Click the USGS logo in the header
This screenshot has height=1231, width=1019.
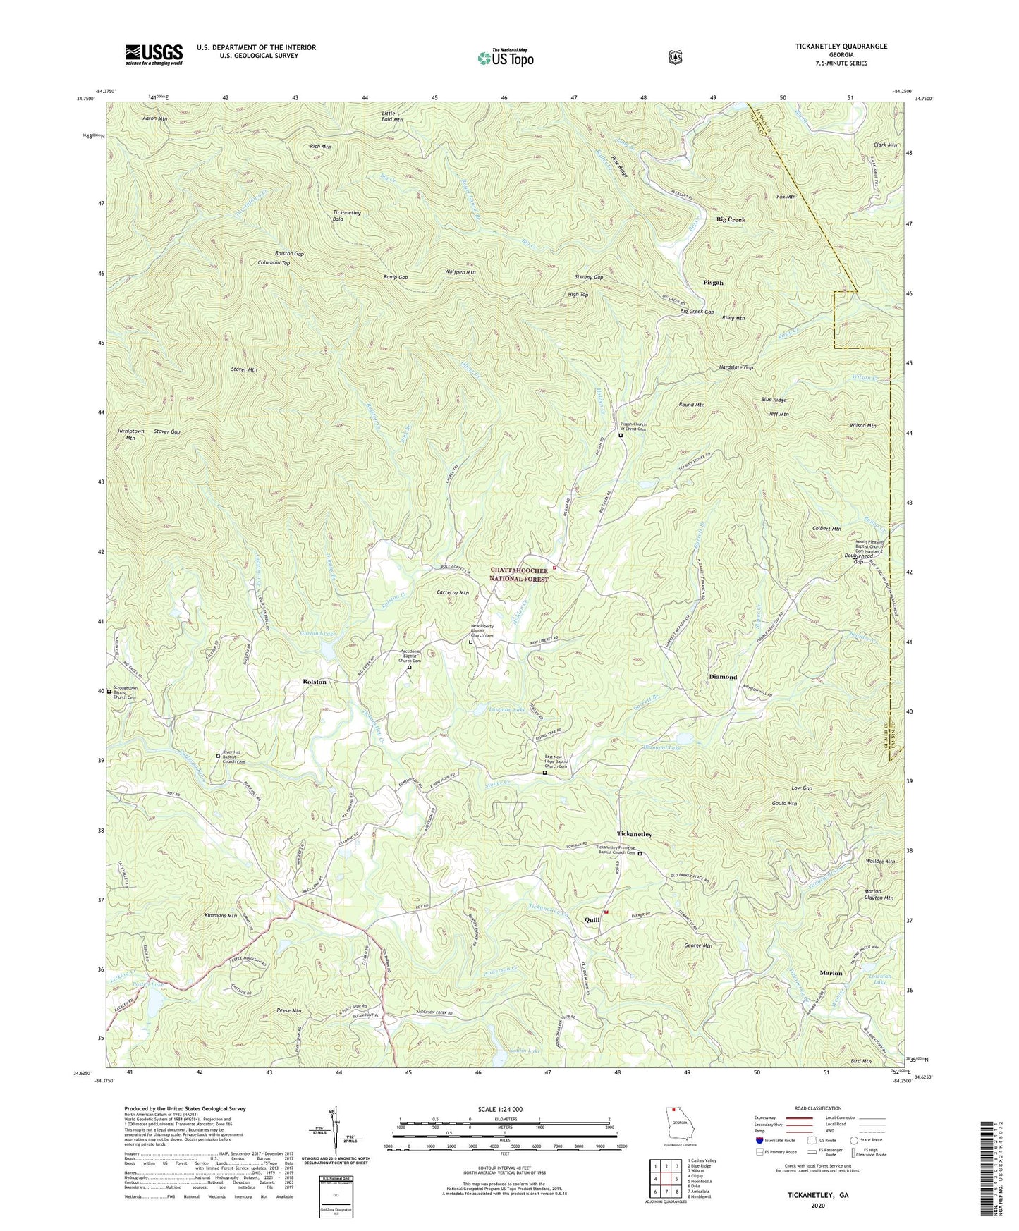point(154,54)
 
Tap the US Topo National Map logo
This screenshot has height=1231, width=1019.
point(505,57)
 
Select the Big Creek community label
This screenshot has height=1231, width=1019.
point(731,220)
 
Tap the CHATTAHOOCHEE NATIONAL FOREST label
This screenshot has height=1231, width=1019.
point(519,575)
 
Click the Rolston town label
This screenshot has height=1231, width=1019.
point(315,682)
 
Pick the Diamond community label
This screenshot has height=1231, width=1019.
point(722,677)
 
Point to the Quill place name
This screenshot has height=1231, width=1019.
point(592,920)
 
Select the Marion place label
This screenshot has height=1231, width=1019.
point(831,973)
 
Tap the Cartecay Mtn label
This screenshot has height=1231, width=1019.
point(453,593)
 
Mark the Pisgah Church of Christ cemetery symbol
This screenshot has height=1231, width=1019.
point(621,436)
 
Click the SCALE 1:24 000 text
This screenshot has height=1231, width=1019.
point(504,1109)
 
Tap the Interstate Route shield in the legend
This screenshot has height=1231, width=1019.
point(759,1140)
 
